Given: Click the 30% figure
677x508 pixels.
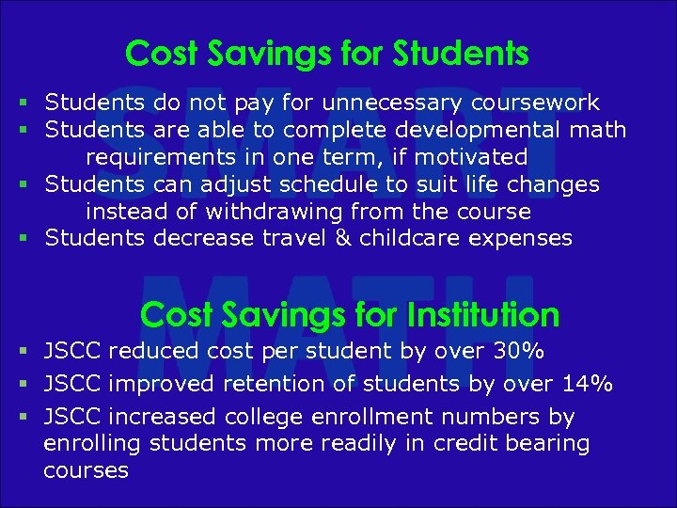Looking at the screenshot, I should (519, 352).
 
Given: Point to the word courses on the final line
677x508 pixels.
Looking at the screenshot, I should (86, 470).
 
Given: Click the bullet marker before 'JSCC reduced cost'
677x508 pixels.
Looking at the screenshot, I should (22, 352).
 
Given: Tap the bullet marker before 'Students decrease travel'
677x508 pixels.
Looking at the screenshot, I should (22, 238).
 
